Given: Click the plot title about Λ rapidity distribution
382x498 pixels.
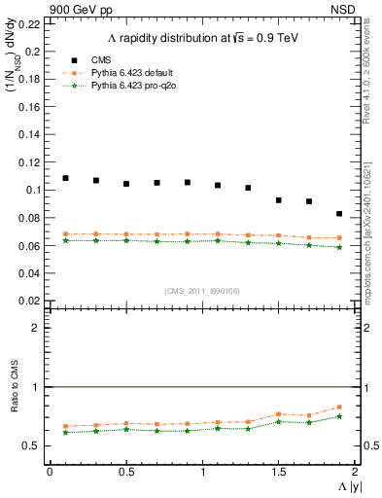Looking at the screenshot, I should pos(201,38).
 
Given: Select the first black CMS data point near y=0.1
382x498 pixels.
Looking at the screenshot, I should pos(65,178).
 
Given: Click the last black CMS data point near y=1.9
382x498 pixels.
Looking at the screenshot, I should pos(339,213).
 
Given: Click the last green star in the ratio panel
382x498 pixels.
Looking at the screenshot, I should pos(339,416).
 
